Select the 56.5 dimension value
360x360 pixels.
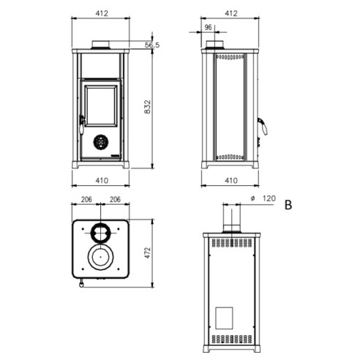point(151,45)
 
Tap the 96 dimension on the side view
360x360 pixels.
point(208,28)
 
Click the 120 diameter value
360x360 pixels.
point(269,198)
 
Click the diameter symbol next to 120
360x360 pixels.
point(252,198)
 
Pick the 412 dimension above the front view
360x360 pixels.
point(101,12)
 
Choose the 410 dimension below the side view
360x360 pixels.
point(231,179)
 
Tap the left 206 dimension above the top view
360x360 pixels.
point(86,200)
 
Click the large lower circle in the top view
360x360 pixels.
point(100,258)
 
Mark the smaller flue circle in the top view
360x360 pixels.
point(100,233)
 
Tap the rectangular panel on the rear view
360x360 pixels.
point(225,317)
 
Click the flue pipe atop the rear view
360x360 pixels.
point(231,219)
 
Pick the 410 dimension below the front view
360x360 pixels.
point(101,179)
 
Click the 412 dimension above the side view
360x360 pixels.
point(231,12)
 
